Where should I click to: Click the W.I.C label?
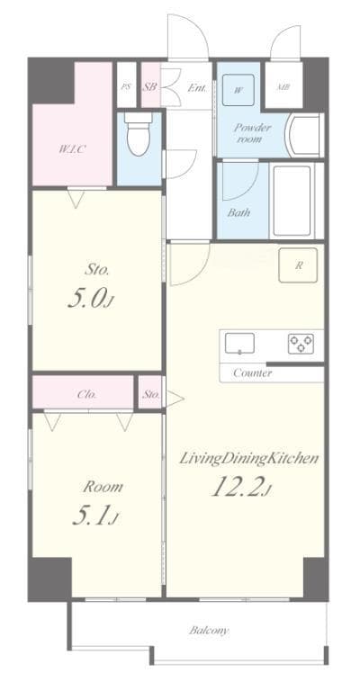pyautogui.click(x=73, y=148)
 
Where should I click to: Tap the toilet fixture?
pyautogui.click(x=139, y=134)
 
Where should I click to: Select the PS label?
pyautogui.click(x=126, y=87)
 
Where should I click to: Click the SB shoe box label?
pyautogui.click(x=149, y=87)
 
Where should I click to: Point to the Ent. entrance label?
pyautogui.click(x=197, y=87)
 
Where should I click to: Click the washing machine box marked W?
pyautogui.click(x=238, y=88)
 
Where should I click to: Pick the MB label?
pyautogui.click(x=283, y=87)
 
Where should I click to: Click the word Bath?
pyautogui.click(x=238, y=213)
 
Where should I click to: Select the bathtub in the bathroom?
pyautogui.click(x=292, y=200)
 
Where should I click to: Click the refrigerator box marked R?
pyautogui.click(x=298, y=266)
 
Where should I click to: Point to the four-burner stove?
pyautogui.click(x=301, y=343)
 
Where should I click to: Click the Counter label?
pyautogui.click(x=252, y=372)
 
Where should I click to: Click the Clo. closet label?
pyautogui.click(x=87, y=394)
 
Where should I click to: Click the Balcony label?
pyautogui.click(x=208, y=631)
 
